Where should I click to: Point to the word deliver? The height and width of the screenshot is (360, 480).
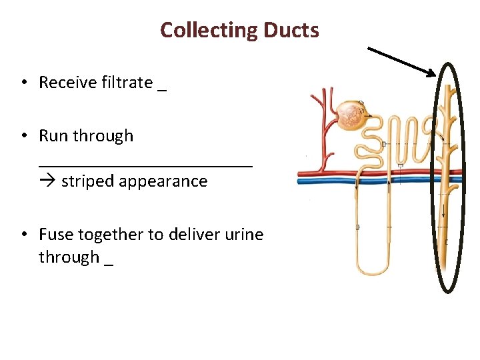192,235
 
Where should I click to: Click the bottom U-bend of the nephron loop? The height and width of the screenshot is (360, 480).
373,271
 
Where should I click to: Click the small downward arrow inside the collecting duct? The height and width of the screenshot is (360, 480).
443,213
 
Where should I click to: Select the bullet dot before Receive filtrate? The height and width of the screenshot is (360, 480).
24,83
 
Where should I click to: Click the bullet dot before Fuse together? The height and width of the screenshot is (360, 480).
24,235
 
